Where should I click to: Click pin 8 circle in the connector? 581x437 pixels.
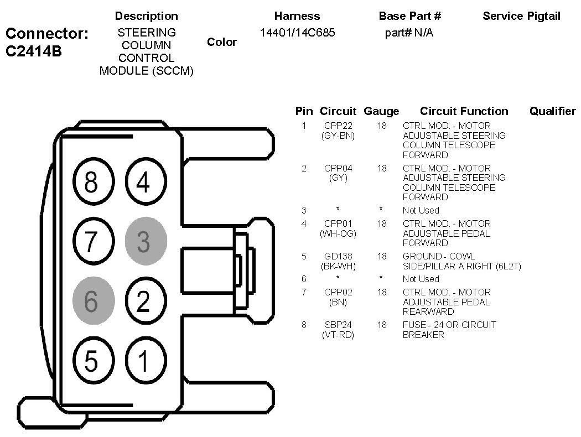click(x=94, y=181)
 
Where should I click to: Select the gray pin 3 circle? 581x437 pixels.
click(x=146, y=241)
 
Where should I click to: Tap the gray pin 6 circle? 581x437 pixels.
click(x=94, y=301)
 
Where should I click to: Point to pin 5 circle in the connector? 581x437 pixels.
click(x=94, y=360)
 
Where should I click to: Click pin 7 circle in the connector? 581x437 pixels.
click(x=94, y=241)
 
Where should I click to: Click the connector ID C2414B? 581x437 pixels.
click(x=34, y=51)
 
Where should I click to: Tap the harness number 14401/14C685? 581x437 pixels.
click(x=298, y=33)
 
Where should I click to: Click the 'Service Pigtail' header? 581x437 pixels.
click(x=521, y=16)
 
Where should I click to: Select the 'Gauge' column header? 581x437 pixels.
click(x=381, y=111)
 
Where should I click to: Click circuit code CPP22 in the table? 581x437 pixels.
click(x=338, y=126)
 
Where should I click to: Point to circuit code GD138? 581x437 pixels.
click(x=338, y=256)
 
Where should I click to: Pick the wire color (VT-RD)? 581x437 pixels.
click(x=338, y=335)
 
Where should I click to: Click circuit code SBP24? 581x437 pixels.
click(x=338, y=325)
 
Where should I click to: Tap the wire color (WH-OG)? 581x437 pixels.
click(x=338, y=233)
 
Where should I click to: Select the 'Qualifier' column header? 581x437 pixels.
click(x=552, y=111)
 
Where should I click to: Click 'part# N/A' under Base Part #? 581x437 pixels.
click(x=409, y=33)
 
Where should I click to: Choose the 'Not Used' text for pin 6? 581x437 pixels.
click(x=421, y=279)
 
